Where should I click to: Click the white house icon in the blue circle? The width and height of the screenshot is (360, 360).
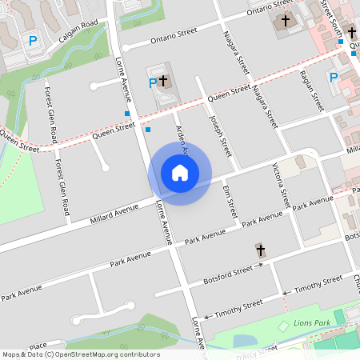[x=179, y=172]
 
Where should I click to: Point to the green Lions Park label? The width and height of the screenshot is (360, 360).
[x=311, y=322]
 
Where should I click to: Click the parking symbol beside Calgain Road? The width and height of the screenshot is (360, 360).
[x=33, y=41]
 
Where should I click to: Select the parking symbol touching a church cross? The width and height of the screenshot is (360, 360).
[x=153, y=82]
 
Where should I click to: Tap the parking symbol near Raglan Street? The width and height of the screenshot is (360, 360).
[x=334, y=77]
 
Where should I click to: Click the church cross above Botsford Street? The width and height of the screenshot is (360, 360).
[x=259, y=250]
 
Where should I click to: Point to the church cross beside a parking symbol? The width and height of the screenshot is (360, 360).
[x=163, y=81]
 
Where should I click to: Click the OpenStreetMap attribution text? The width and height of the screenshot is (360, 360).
[x=80, y=354]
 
